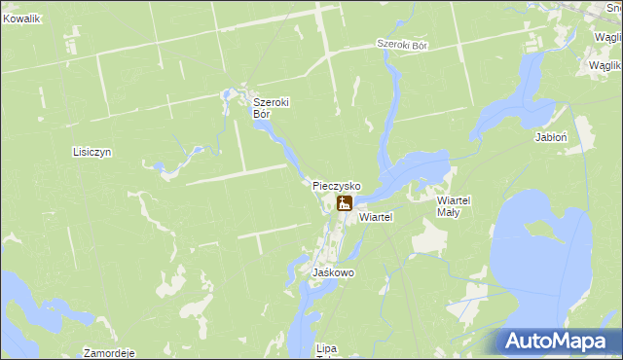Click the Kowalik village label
[21, 18]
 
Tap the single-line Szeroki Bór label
[403, 46]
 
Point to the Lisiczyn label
[93, 153]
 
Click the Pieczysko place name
[337, 185]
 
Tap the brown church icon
[344, 203]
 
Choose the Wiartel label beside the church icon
[375, 218]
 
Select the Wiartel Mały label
[454, 205]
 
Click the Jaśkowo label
[333, 273]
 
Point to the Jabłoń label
[551, 138]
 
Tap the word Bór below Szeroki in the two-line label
[261, 113]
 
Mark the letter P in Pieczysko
[316, 185]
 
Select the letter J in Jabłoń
[537, 138]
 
